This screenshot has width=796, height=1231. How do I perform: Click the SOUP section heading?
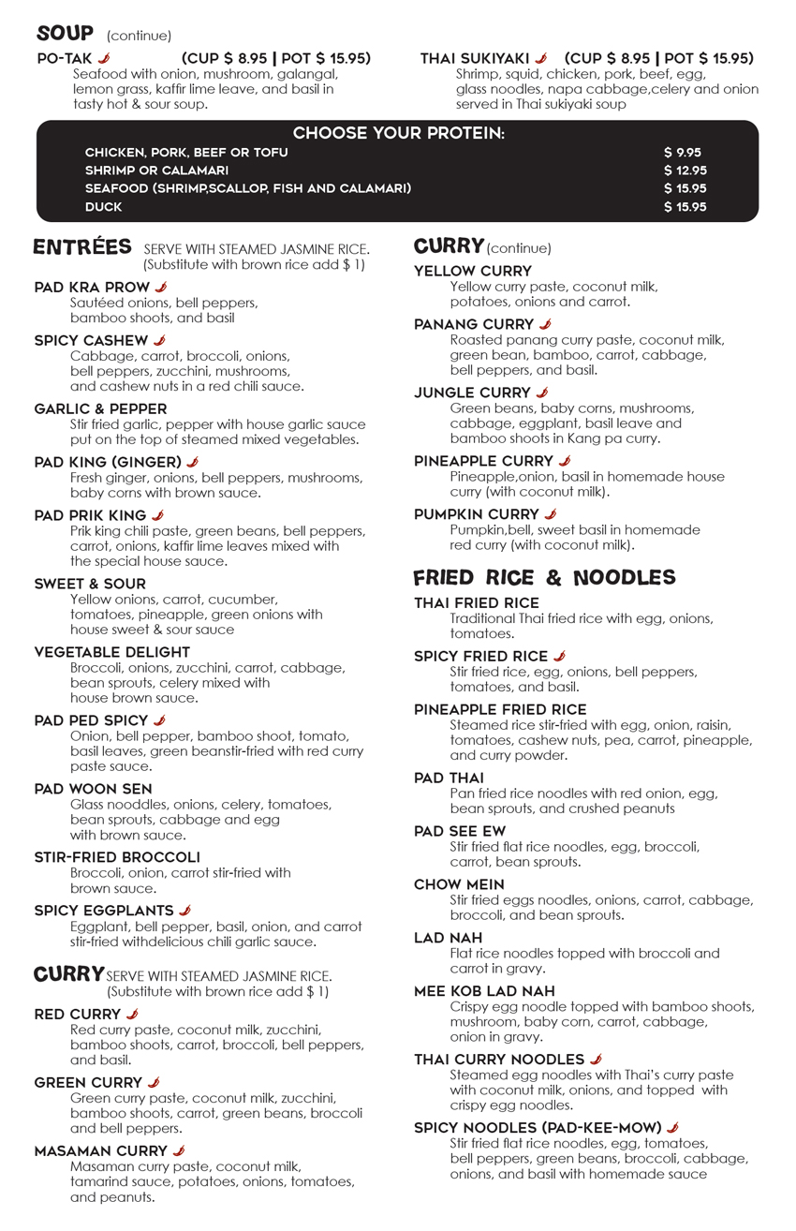coord(65,34)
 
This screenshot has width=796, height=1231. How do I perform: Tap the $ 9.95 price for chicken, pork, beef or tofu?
coord(682,152)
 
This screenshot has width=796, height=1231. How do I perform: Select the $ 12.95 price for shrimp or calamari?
coord(685,171)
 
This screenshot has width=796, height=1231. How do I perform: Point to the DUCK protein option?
coord(103,207)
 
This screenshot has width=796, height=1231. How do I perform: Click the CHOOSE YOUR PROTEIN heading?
coord(398,133)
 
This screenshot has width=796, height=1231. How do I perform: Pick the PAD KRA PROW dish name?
coord(92,287)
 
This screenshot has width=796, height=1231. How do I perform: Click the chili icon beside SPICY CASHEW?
coord(159,340)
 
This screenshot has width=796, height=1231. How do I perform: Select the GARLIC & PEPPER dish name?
coord(100,408)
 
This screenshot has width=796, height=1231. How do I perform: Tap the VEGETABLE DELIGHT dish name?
coord(111,652)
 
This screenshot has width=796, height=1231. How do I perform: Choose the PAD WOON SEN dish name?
coord(93,789)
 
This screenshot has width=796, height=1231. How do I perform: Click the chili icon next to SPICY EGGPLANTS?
coord(185,910)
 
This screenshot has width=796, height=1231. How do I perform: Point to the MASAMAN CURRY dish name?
coord(101,1150)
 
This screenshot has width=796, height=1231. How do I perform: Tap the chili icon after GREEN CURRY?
coord(154,1082)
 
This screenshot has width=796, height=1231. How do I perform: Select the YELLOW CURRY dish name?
coord(473,271)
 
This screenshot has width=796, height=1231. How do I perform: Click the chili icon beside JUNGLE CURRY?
coord(542,393)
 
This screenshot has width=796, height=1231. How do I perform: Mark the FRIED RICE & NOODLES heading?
coord(544,577)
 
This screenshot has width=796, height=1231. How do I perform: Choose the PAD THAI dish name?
coord(449,778)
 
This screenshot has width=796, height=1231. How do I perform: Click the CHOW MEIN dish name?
coord(459,884)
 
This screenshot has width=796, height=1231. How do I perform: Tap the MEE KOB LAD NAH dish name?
coord(484,990)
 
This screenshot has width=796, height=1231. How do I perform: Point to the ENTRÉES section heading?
coord(82,247)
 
